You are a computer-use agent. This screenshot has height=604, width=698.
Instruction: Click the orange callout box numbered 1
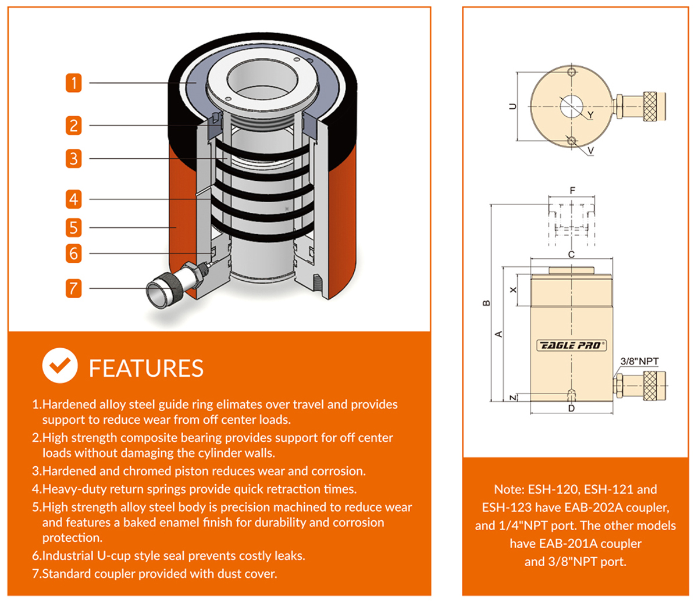[74, 83]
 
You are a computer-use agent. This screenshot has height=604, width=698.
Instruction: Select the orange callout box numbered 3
[74, 158]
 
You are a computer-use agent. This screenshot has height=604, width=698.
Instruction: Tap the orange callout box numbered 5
[74, 227]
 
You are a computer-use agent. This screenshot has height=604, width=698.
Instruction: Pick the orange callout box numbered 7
[74, 288]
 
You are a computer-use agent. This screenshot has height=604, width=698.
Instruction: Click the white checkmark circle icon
[59, 366]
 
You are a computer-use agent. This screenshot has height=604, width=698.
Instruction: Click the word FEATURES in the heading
[146, 369]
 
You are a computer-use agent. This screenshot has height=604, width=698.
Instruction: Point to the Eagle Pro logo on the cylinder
[571, 345]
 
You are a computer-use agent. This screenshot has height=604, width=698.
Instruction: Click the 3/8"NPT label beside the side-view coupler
[639, 362]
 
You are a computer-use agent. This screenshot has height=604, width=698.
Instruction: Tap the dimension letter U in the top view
[512, 106]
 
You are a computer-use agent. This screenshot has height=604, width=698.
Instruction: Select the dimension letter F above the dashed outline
[572, 191]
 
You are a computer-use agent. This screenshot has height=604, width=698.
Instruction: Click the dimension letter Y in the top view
[590, 115]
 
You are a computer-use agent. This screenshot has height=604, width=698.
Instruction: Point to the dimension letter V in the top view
[590, 151]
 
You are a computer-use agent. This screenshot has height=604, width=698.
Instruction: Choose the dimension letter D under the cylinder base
[571, 409]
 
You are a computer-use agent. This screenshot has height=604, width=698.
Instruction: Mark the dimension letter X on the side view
[513, 290]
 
